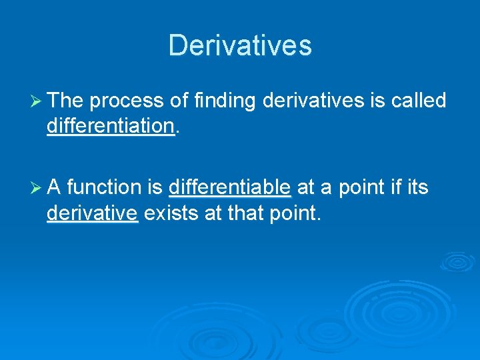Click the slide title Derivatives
click(x=240, y=45)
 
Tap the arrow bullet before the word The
click(x=37, y=101)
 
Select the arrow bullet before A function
click(x=37, y=189)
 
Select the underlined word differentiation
click(x=111, y=126)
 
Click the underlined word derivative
click(x=92, y=214)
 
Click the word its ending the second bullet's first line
click(x=417, y=189)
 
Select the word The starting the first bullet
click(x=65, y=101)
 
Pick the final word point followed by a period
click(x=292, y=215)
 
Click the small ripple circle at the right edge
click(x=459, y=262)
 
